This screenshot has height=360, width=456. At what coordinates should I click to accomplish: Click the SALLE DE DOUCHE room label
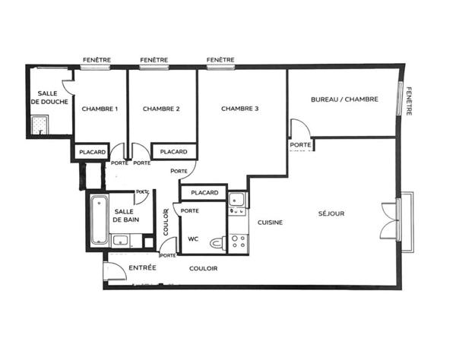coord(49,98)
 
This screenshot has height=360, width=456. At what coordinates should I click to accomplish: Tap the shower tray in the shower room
coord(40,125)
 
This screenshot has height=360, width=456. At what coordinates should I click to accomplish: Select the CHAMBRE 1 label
coord(100,109)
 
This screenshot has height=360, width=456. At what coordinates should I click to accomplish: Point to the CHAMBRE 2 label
coord(161,109)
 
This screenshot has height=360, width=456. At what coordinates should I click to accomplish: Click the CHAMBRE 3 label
coord(240,109)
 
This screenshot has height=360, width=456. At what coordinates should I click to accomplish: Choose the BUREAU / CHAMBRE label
coord(344,99)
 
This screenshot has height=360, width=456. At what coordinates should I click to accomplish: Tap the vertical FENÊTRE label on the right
coord(409,101)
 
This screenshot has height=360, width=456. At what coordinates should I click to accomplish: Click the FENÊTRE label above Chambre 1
coord(97,60)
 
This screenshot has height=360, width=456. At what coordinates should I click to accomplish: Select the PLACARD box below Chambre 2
coord(174,152)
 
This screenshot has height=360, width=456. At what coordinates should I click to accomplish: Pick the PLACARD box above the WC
coord(204,192)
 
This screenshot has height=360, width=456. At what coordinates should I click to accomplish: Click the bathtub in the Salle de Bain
coord(99,220)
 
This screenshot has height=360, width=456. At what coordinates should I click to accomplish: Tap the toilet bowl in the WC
coord(217,242)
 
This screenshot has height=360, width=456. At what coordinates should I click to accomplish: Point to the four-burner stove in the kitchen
coord(238,242)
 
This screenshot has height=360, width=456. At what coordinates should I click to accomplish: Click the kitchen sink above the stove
coord(236,200)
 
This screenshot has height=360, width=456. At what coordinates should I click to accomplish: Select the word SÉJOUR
coord(331,213)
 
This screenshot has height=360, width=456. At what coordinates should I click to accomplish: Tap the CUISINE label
coord(270,223)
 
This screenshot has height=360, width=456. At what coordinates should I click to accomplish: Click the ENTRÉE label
coord(143,267)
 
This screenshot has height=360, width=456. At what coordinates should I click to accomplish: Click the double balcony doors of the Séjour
coord(391,221)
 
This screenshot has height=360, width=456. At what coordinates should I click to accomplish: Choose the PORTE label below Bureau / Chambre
coord(300,145)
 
